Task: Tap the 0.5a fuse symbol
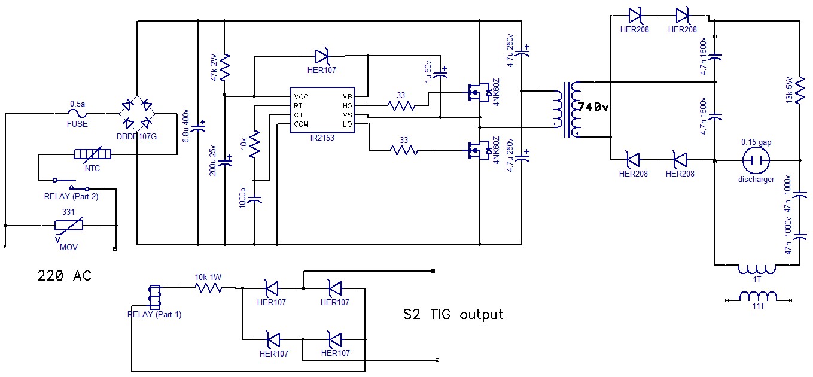coord(78,113)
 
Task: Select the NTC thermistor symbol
coord(92,155)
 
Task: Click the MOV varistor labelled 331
coord(69,226)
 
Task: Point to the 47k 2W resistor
coord(226,68)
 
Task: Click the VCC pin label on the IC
coord(301,96)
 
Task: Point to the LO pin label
coord(348,124)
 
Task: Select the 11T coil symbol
coord(758,297)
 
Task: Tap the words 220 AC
coord(65,276)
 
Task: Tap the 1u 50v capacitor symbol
coord(440,74)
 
